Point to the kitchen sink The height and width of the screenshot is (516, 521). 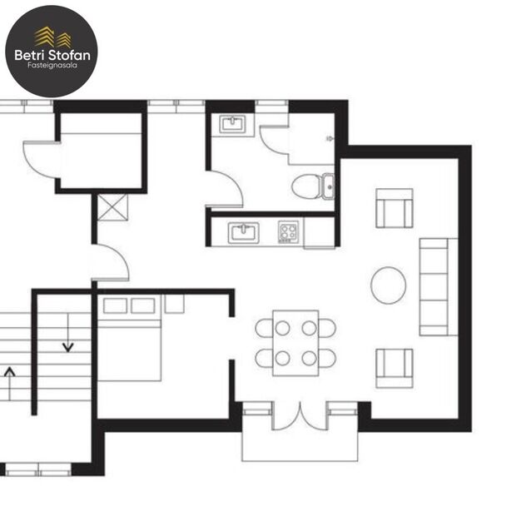[x=244, y=232]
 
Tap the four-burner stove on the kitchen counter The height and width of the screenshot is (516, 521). [x=288, y=231]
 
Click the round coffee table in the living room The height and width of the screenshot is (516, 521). [x=389, y=285]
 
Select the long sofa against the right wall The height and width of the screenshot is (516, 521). [x=438, y=285]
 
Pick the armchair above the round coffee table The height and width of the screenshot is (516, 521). [x=394, y=208]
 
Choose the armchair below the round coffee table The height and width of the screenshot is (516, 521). [x=394, y=367]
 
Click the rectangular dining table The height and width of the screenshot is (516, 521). [x=295, y=342]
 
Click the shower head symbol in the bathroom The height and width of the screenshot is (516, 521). [x=330, y=138]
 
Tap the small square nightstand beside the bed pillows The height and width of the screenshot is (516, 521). [x=174, y=304]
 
